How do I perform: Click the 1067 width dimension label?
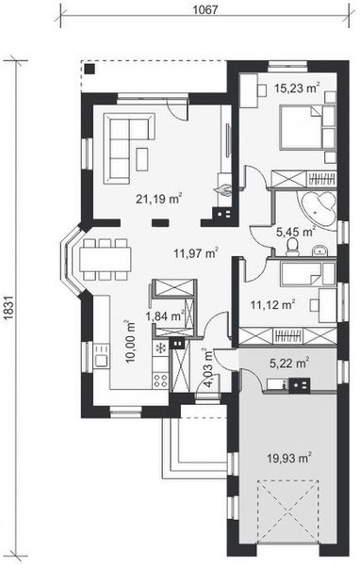pos(205,9)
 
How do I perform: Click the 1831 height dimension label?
pos(10,308)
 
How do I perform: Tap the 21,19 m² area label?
pos(158,198)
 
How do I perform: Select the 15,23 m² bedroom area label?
pos(297,88)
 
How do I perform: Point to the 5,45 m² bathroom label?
pos(296,232)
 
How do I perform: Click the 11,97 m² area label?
pos(196,253)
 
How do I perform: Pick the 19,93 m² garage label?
pos(289,458)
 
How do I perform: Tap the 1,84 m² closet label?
pos(165,316)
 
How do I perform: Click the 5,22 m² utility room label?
pos(289,363)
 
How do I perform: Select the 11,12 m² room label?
pos(273,305)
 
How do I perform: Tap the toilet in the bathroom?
pos(292,247)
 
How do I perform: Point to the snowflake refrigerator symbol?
pos(160,348)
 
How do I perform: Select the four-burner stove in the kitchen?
pos(160,380)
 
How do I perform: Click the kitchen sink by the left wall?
pos(102,361)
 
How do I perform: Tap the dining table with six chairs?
pos(105,259)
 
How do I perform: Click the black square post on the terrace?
pos(90,69)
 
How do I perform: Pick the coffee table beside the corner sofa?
pos(142,159)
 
